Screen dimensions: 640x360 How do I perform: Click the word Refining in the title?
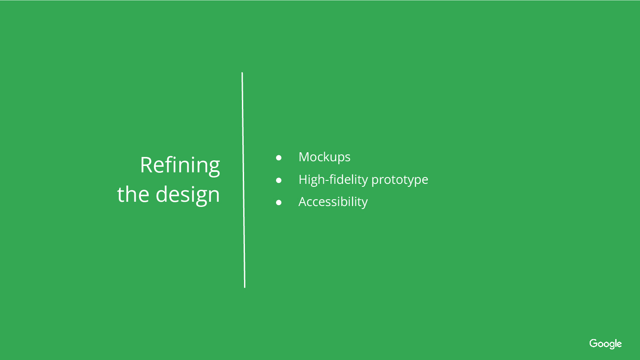[180, 166]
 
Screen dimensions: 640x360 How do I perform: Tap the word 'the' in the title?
[133, 194]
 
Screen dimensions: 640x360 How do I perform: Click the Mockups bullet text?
[324, 157]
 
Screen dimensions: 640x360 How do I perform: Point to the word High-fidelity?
[333, 180]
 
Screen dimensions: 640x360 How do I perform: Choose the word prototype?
[400, 180]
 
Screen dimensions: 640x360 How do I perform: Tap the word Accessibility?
[333, 202]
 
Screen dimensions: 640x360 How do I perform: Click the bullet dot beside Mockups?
[279, 158]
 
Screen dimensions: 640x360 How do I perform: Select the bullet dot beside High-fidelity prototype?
[279, 180]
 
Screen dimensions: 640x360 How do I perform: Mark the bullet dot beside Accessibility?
[279, 203]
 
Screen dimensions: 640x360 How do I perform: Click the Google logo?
[605, 344]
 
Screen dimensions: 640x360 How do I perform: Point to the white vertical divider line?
[244, 180]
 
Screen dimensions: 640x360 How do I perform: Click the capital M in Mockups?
[304, 157]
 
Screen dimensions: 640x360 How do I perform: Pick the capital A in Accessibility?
[303, 202]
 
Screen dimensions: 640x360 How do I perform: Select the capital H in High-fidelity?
[303, 180]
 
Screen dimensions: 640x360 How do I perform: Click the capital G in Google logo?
[594, 343]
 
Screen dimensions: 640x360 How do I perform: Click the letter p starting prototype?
[375, 181]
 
